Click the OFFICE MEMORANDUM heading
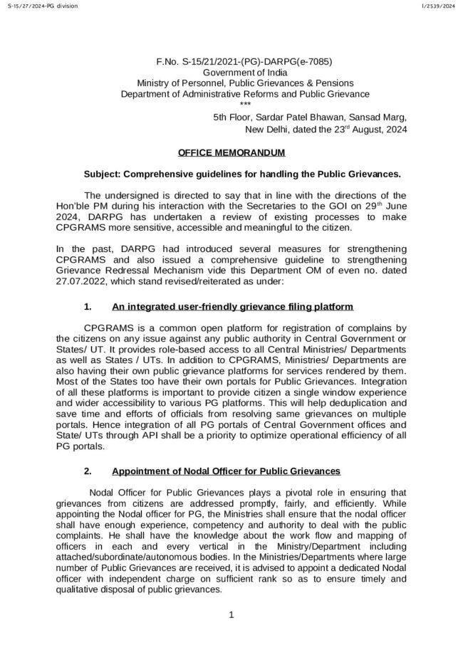tap(231, 152)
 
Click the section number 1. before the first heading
tap(88, 307)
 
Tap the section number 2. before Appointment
tap(88, 471)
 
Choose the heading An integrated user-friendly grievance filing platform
tap(232, 307)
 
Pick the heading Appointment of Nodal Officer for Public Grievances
tap(227, 471)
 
